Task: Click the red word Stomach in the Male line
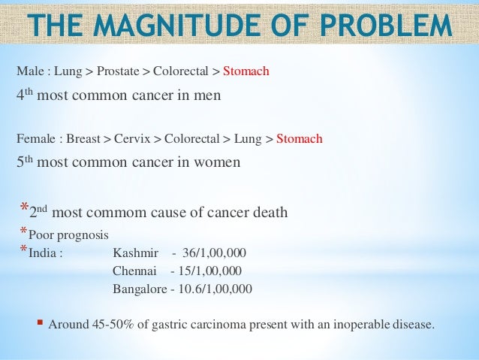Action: (246, 71)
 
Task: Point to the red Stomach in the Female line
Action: (299, 139)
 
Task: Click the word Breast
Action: (83, 139)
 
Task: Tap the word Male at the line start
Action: (30, 71)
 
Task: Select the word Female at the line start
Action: (37, 139)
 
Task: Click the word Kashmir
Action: (135, 252)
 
